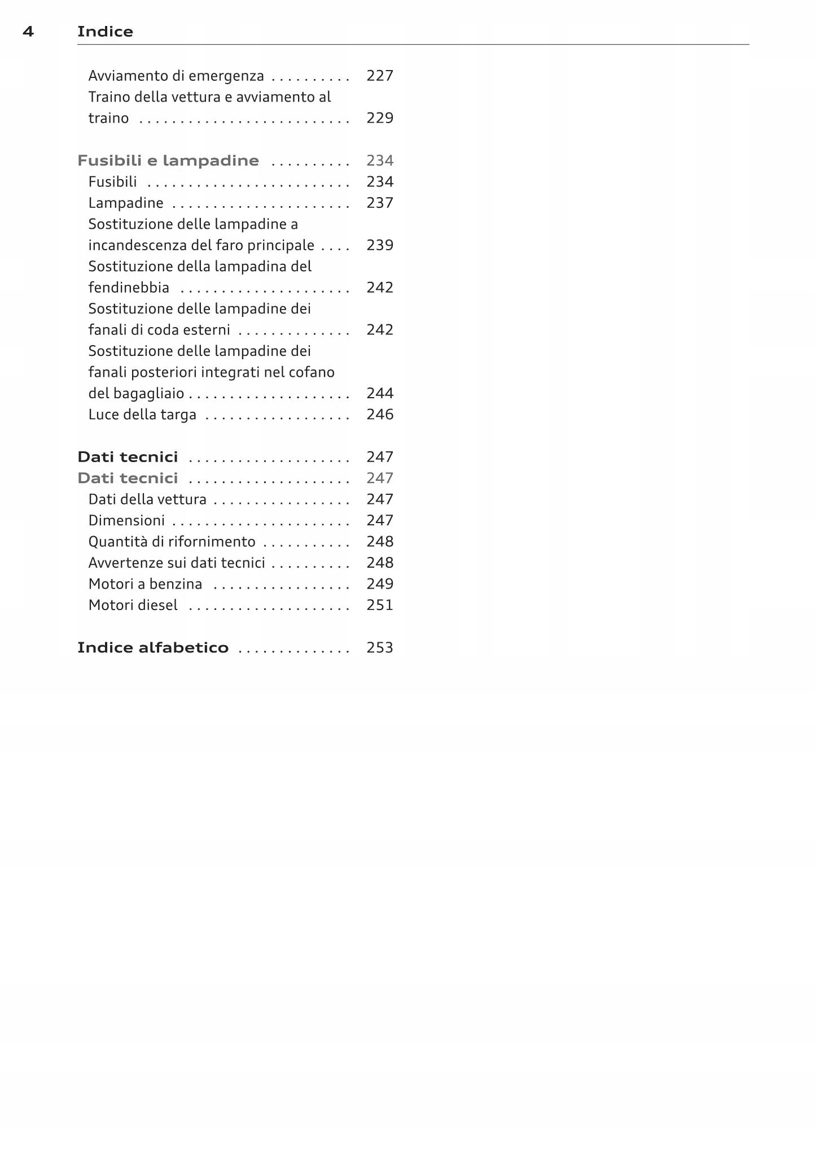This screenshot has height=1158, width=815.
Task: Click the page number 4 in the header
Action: coord(28,32)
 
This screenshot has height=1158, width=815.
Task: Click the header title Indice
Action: coord(105,32)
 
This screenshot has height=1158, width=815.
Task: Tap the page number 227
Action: coord(379,76)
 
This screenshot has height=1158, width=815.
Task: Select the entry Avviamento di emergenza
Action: coord(176,76)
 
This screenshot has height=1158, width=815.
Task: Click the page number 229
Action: coord(379,118)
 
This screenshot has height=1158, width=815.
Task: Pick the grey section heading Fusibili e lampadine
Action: coord(168,160)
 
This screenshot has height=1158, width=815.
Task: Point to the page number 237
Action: coord(379,203)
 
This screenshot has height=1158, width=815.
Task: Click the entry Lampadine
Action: coord(126,203)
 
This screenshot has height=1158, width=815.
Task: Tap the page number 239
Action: coord(379,245)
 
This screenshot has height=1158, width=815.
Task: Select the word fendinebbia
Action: coord(129,288)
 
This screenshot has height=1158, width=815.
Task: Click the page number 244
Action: coord(379,393)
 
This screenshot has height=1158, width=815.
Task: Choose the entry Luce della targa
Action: coord(142,415)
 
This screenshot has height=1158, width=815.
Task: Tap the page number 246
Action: coord(379,415)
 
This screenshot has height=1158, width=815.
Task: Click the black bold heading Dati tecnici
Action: coord(128,457)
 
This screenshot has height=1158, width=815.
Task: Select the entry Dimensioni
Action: coord(126,520)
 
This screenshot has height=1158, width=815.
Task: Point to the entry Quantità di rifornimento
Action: coord(172,542)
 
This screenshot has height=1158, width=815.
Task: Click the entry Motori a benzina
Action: coord(145,584)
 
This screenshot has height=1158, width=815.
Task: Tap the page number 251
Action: coord(379,605)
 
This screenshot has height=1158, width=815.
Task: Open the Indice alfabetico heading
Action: coord(153,647)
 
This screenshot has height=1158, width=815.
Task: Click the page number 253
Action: coord(379,647)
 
